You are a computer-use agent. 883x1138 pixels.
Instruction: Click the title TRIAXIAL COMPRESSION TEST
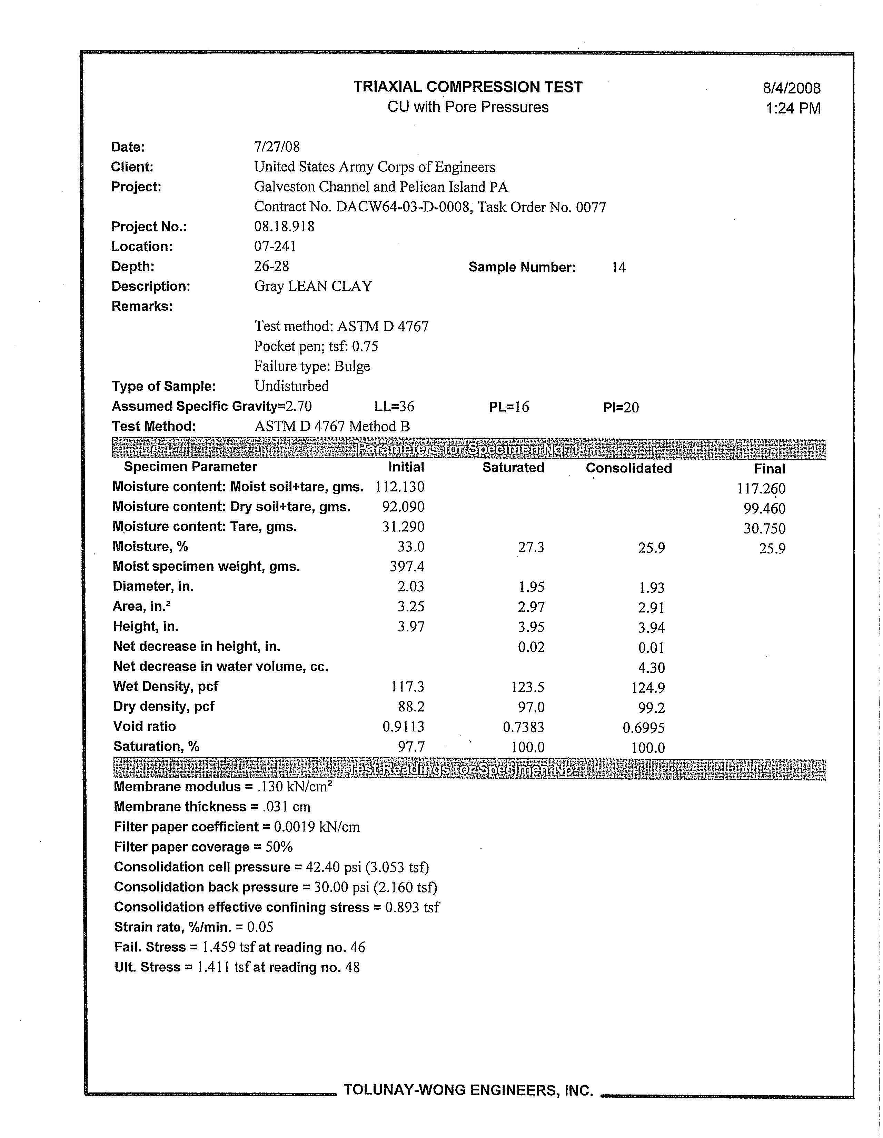point(468,87)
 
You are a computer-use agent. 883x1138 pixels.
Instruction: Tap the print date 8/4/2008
point(791,88)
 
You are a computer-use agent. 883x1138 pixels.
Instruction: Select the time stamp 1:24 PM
point(793,108)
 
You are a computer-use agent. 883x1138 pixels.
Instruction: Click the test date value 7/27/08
point(277,147)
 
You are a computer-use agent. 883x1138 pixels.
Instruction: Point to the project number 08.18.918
point(284,227)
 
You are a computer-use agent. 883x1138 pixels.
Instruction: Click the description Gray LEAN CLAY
point(313,287)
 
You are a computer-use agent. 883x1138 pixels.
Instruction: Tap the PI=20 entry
point(621,408)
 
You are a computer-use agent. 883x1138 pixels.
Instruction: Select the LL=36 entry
point(394,407)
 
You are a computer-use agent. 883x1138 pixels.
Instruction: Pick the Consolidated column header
point(629,468)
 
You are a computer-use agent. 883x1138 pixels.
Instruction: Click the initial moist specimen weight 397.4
point(407,566)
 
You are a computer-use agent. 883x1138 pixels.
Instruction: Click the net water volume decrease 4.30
point(651,668)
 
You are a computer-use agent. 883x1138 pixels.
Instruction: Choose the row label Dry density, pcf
point(164,707)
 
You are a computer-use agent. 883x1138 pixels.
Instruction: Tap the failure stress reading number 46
point(358,947)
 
